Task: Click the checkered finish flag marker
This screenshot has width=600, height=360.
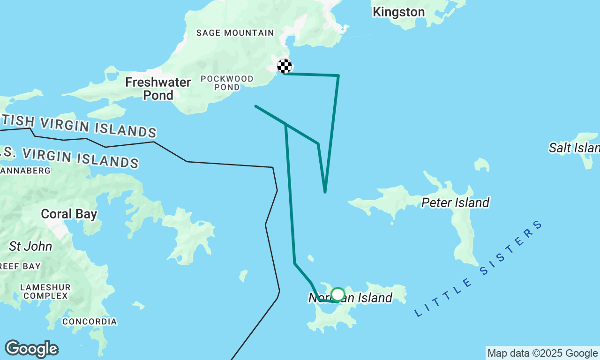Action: pyautogui.click(x=285, y=66)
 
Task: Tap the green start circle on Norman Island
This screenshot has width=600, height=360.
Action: pyautogui.click(x=337, y=294)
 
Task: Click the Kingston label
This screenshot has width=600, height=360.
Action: pyautogui.click(x=398, y=12)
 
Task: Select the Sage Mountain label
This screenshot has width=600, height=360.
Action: pyautogui.click(x=235, y=33)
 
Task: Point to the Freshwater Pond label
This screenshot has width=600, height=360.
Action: pyautogui.click(x=158, y=89)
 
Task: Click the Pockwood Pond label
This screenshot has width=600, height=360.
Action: pyautogui.click(x=227, y=82)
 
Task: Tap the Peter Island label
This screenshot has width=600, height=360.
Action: pyautogui.click(x=455, y=202)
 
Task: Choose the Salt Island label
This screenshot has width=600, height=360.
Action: pyautogui.click(x=574, y=148)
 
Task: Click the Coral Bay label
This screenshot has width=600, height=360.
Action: pyautogui.click(x=69, y=214)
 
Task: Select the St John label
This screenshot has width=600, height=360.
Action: pyautogui.click(x=30, y=246)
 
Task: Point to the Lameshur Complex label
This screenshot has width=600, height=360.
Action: pyautogui.click(x=45, y=291)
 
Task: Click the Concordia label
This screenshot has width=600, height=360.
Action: pyautogui.click(x=90, y=322)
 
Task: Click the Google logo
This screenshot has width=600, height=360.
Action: pyautogui.click(x=31, y=349)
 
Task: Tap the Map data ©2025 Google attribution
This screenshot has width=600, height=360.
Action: pyautogui.click(x=542, y=353)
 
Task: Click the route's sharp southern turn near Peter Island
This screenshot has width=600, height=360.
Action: pyautogui.click(x=324, y=192)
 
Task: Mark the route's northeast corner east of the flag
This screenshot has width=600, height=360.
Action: pyautogui.click(x=338, y=75)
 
